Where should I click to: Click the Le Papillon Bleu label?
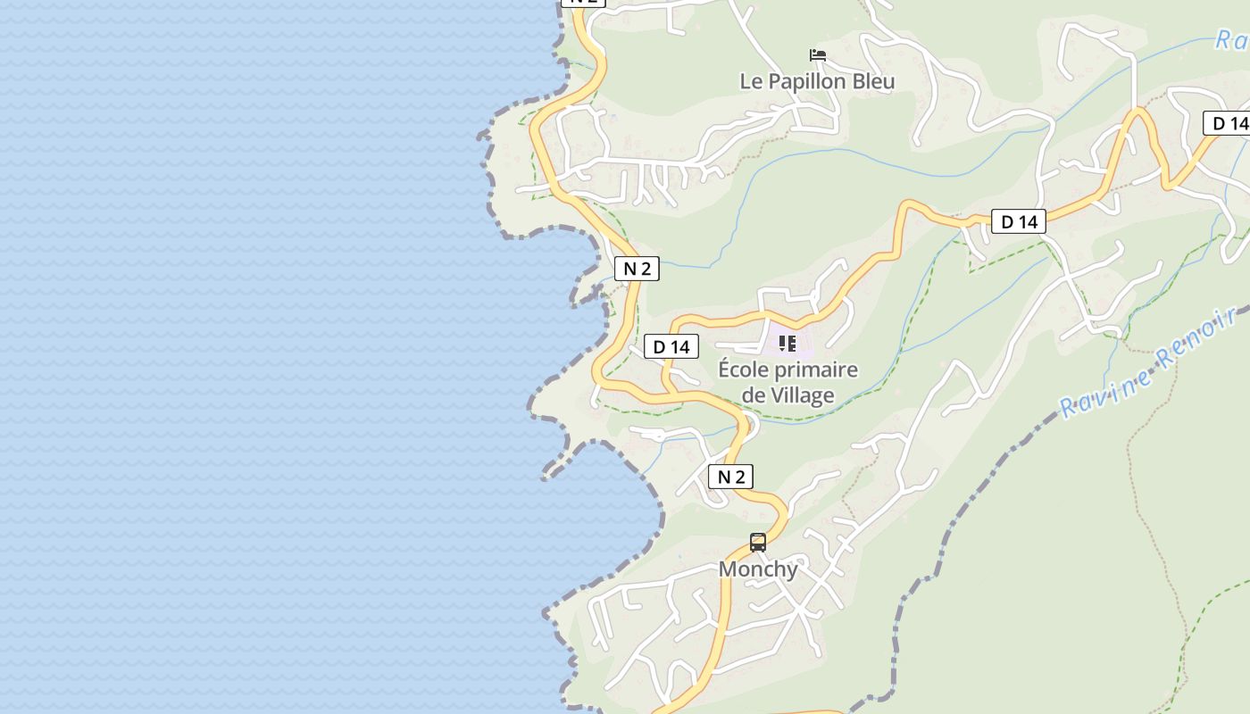pyautogui.click(x=817, y=81)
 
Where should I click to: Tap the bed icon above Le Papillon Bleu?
pyautogui.click(x=817, y=55)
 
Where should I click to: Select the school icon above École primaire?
pyautogui.click(x=787, y=343)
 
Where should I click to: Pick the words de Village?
pyautogui.click(x=788, y=395)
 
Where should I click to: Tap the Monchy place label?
pyautogui.click(x=758, y=569)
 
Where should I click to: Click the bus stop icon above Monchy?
pyautogui.click(x=758, y=542)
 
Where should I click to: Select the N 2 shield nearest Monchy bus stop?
pyautogui.click(x=731, y=477)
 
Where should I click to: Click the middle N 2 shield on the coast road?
pyautogui.click(x=637, y=269)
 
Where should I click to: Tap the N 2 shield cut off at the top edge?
pyautogui.click(x=583, y=3)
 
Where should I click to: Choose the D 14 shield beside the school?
pyautogui.click(x=671, y=346)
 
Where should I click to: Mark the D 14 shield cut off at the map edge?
pyautogui.click(x=1229, y=123)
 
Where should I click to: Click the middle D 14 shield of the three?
pyautogui.click(x=1019, y=221)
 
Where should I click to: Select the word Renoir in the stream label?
pyautogui.click(x=1196, y=335)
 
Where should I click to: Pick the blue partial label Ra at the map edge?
pyautogui.click(x=1232, y=39)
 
